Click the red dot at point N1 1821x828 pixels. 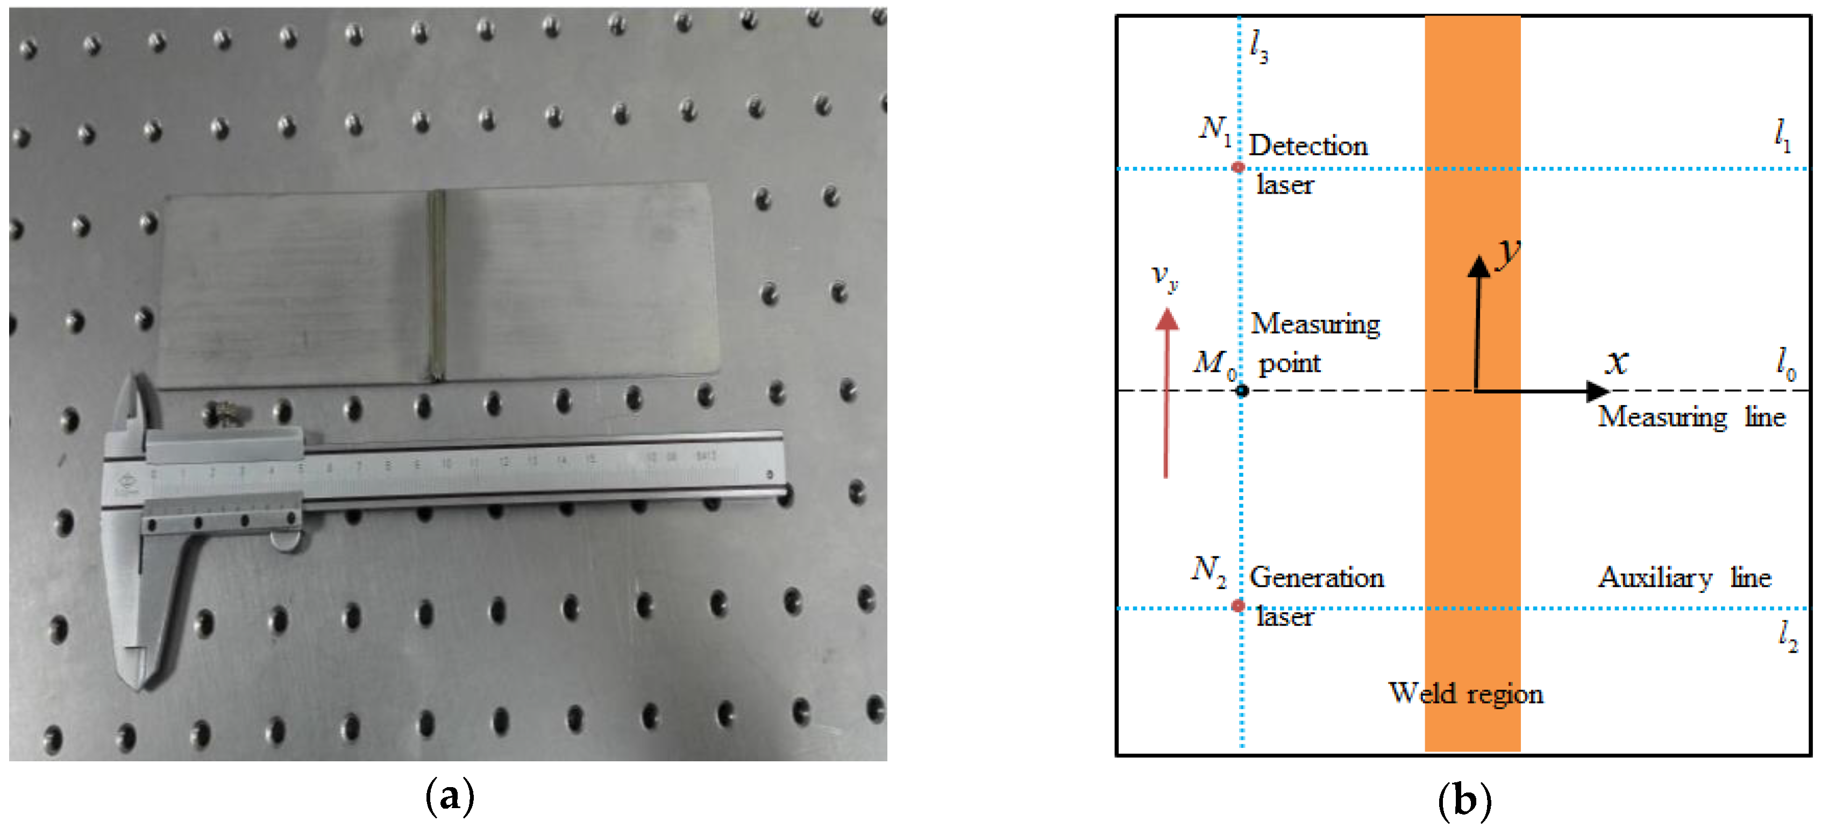point(1237,167)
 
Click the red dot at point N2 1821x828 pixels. point(1237,606)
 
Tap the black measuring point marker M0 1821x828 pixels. point(1241,390)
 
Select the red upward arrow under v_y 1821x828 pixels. point(1166,396)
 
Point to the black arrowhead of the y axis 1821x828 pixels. point(1478,266)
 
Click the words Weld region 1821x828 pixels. point(1465,693)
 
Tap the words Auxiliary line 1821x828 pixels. point(1684,578)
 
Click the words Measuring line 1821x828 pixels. point(1691,416)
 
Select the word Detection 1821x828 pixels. point(1308,146)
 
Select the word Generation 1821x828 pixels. point(1316,578)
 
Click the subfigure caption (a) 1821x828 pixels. point(450,796)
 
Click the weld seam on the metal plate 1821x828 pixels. point(436,283)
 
